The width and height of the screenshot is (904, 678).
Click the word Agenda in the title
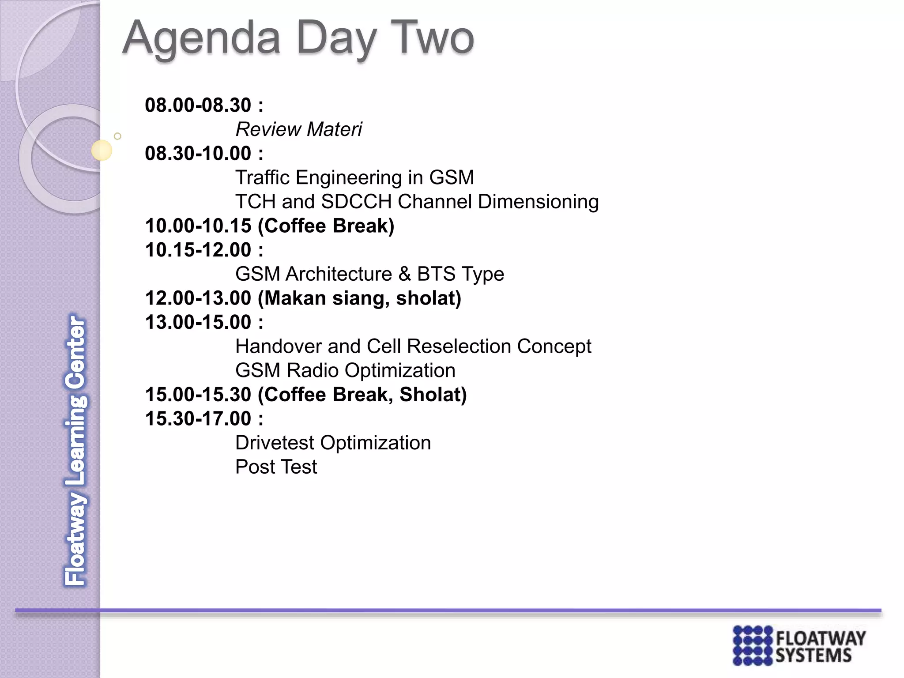point(201,39)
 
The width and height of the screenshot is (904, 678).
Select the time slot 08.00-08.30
point(198,105)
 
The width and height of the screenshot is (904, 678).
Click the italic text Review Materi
point(298,130)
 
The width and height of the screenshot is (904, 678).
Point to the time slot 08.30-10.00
point(198,154)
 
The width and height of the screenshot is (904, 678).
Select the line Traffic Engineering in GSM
point(354,178)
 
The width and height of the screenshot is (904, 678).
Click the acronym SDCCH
point(356,202)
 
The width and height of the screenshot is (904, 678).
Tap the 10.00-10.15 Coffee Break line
point(269,226)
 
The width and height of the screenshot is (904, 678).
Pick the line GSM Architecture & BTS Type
point(369,274)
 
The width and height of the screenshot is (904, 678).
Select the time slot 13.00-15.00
point(198,322)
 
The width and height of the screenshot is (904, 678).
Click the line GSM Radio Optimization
point(345,370)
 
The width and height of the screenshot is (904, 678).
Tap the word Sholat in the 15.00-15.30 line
point(433,395)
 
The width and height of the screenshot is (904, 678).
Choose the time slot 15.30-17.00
point(198,418)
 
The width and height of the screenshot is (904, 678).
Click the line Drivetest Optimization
point(333,443)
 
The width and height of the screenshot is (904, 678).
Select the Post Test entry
point(276,467)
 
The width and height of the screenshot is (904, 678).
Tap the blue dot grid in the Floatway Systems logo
point(753,645)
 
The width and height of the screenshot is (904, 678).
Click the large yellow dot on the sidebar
point(102,151)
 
